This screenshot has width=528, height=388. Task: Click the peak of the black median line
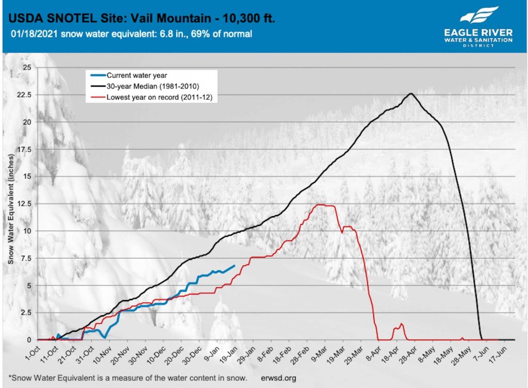click(411, 94)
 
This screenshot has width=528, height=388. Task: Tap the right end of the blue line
click(235, 266)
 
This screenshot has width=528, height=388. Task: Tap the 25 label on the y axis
click(28, 68)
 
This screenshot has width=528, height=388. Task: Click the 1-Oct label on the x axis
click(30, 352)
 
